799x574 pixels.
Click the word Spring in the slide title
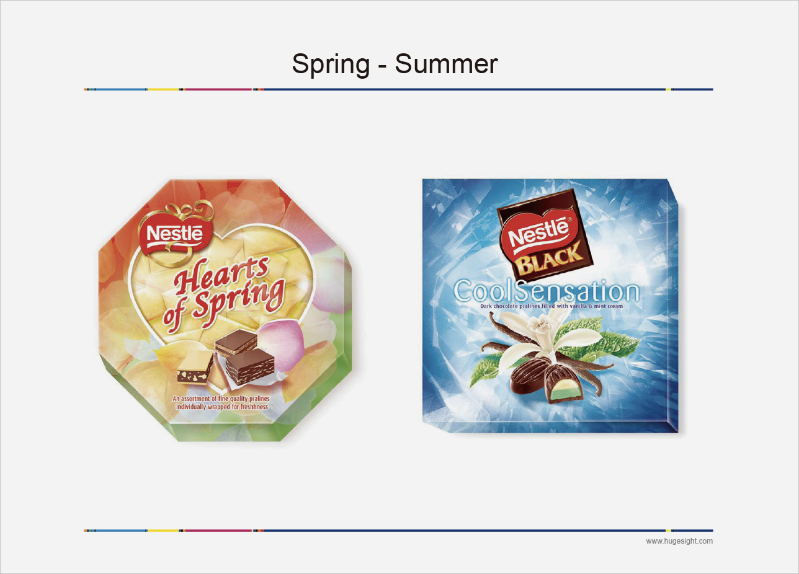pos(331,64)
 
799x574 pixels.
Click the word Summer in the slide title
pos(446,64)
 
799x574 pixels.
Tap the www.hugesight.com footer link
pos(679,541)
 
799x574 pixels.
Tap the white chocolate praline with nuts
pos(195,367)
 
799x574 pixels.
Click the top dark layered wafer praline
pos(236,342)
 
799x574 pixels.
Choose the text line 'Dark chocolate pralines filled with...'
pos(551,306)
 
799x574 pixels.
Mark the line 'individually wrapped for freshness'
pos(222,407)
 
